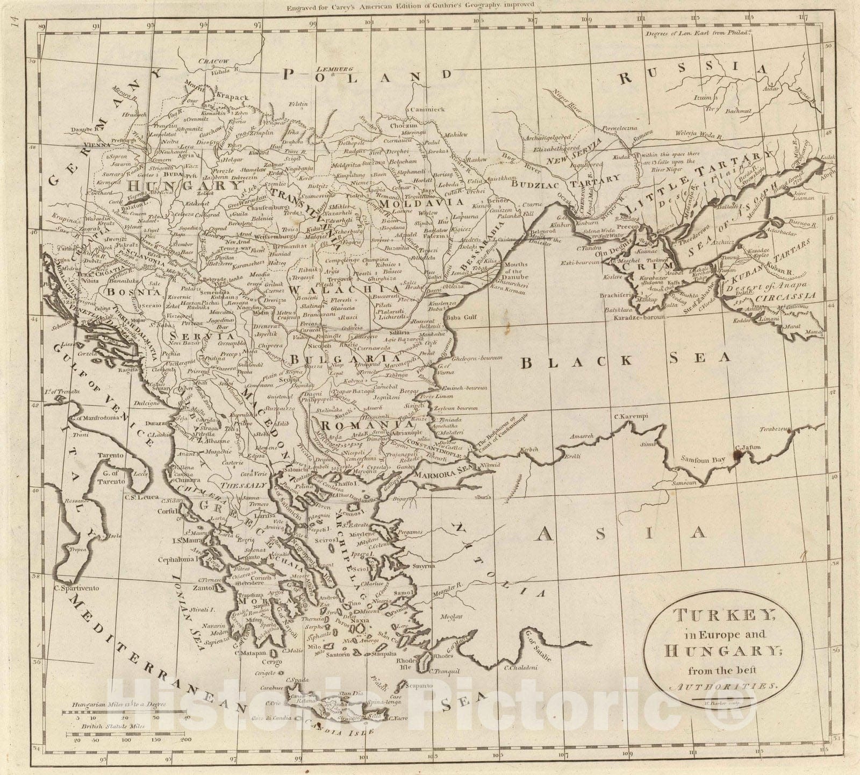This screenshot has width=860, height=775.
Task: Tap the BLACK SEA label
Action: (x=626, y=360)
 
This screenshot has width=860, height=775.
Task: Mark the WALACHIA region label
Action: (x=320, y=290)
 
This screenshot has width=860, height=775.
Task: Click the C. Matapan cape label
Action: (x=250, y=653)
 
